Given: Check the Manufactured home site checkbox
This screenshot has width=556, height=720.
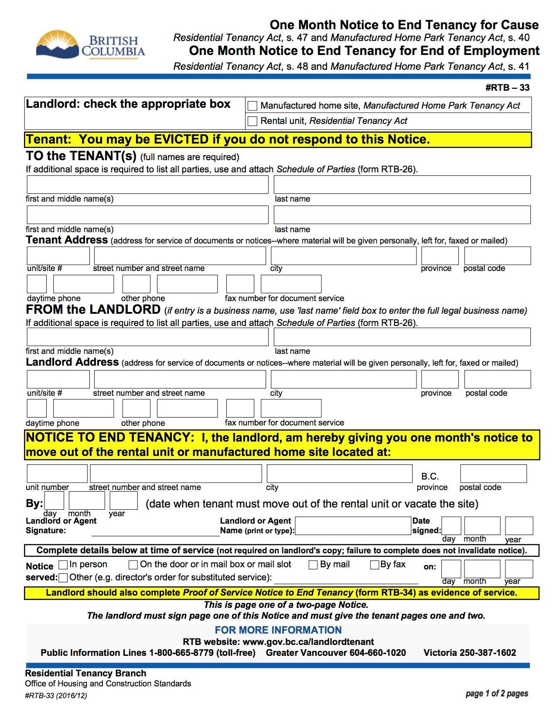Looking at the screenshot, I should [252, 106].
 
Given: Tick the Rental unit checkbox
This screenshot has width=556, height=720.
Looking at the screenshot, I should [252, 121].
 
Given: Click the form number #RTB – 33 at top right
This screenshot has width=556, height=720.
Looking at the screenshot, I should [507, 88].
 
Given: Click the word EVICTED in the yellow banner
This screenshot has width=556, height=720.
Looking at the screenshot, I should [181, 140].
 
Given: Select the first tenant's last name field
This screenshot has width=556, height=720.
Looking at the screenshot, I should [402, 185].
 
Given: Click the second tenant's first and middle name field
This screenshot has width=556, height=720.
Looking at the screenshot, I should [147, 215].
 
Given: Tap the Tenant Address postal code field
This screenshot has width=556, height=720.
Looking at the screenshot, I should [497, 256].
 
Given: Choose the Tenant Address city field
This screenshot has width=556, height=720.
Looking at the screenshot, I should [343, 256].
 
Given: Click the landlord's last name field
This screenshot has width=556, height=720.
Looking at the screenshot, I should [402, 337].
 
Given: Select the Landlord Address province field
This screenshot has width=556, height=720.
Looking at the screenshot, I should [440, 379].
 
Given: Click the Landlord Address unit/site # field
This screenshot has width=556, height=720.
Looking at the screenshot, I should [58, 379].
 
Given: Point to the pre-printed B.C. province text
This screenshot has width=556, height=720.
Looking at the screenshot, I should [430, 477].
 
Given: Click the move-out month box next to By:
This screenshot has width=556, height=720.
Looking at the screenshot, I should [86, 501].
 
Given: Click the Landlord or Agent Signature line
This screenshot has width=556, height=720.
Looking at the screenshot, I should [155, 531].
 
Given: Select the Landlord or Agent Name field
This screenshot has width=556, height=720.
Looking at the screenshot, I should [353, 526].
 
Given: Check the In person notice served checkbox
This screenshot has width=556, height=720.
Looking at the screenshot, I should [63, 565].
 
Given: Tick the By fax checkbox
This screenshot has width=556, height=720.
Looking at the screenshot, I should [374, 565].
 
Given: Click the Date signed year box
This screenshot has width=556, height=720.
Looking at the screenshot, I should [518, 526].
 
